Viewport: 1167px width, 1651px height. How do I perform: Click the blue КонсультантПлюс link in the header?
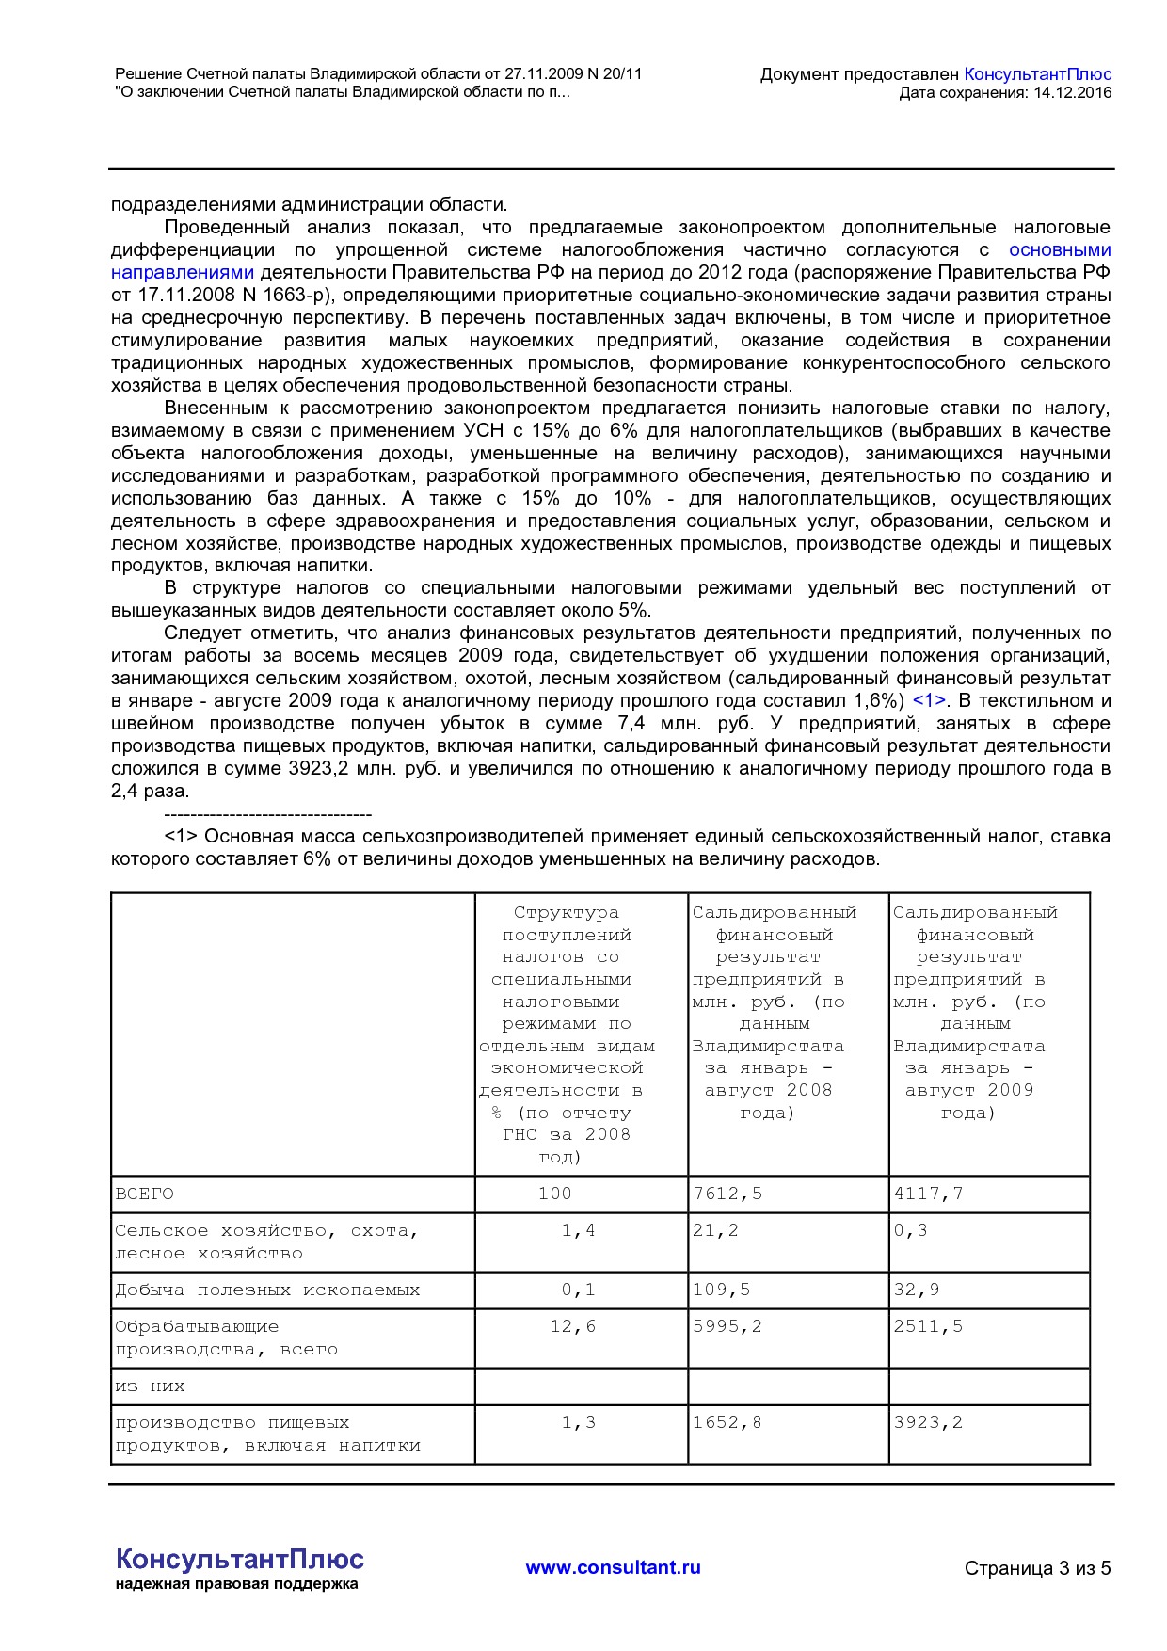[1037, 74]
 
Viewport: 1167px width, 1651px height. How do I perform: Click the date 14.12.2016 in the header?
[1072, 92]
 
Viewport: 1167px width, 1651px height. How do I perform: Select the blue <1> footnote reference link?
[928, 701]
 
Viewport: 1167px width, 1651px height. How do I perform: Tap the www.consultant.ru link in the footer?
[613, 1567]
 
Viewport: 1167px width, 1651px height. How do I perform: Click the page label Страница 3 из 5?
[1037, 1568]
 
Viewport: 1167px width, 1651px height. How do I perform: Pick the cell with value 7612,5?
[727, 1194]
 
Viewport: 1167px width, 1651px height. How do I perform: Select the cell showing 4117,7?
[928, 1194]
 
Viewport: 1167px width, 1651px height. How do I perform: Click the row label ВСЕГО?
[144, 1194]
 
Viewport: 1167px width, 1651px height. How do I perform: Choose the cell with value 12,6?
[572, 1326]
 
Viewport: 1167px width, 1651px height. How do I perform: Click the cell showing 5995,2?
[727, 1326]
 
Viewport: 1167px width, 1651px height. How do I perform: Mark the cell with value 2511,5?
[928, 1326]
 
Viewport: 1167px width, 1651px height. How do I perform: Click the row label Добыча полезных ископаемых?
[267, 1290]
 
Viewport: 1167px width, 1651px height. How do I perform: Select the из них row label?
[150, 1387]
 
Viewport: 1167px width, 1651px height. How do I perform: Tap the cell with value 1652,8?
[727, 1422]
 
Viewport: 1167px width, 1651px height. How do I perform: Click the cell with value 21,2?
[715, 1230]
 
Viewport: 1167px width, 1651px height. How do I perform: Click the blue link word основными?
[1059, 250]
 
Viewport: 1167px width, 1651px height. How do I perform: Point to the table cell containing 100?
[554, 1194]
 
